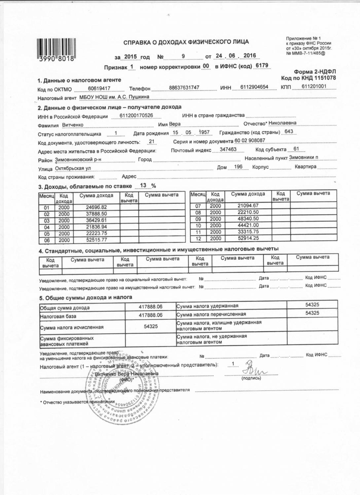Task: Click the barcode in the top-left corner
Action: [56, 50]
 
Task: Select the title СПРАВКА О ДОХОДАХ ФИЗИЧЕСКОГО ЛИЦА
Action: [186, 42]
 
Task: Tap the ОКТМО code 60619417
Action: [99, 88]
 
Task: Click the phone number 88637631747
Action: [184, 88]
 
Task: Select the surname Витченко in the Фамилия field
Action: [73, 125]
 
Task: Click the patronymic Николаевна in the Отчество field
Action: [282, 123]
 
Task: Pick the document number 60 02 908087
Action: [250, 140]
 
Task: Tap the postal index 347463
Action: [228, 149]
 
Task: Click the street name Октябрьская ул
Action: [73, 168]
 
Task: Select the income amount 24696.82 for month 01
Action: [96, 207]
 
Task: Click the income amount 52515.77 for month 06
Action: [96, 240]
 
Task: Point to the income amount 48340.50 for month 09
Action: [248, 219]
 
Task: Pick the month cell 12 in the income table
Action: [198, 238]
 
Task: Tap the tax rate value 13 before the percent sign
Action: [143, 186]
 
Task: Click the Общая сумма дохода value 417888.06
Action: [151, 307]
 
